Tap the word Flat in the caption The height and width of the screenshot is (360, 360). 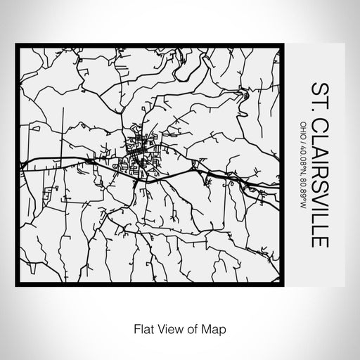[139, 326]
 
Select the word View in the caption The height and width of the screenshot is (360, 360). [165, 326]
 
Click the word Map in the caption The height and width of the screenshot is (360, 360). [212, 326]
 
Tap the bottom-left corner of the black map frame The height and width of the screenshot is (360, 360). [18, 283]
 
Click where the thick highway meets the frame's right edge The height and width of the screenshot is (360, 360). [281, 188]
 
